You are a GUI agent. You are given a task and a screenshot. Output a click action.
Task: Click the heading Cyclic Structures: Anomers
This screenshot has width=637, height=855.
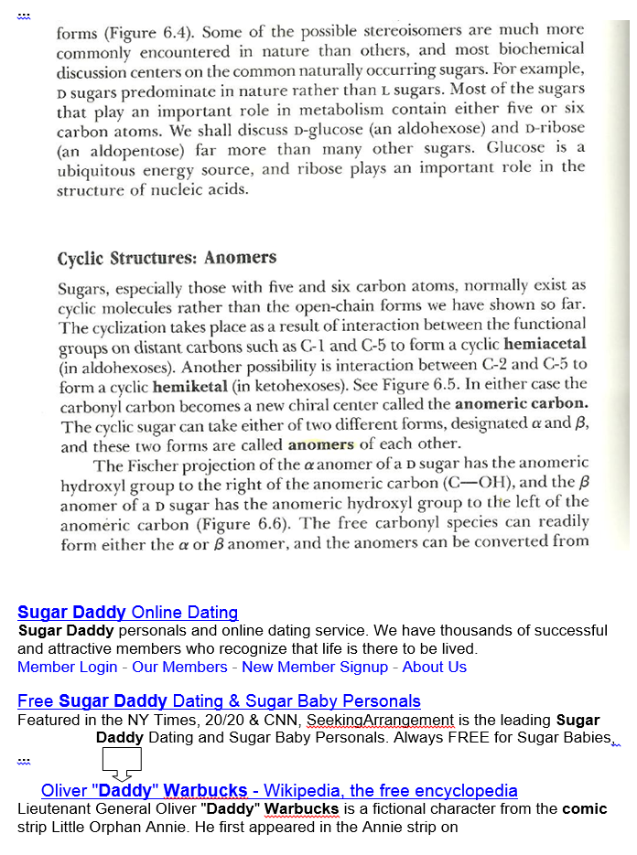(x=167, y=259)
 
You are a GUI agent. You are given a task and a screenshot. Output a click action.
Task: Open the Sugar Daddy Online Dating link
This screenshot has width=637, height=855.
(x=127, y=613)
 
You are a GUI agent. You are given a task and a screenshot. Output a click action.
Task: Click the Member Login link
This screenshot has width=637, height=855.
(x=67, y=667)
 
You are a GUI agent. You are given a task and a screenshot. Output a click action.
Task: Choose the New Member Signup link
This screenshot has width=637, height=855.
(x=315, y=667)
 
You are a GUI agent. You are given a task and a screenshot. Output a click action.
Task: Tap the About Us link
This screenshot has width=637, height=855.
(x=435, y=667)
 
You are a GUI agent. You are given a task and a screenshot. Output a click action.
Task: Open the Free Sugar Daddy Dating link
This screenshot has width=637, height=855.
(x=219, y=701)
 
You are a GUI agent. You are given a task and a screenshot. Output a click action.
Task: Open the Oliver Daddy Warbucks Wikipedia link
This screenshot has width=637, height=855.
(x=279, y=790)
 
